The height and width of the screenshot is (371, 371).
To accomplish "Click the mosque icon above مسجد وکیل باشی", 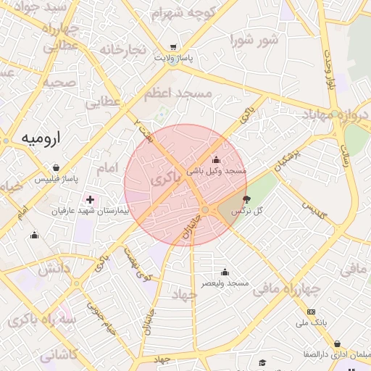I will [215, 159].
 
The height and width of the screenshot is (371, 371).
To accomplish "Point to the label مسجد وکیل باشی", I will [217, 171].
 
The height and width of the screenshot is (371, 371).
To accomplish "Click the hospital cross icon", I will [90, 199].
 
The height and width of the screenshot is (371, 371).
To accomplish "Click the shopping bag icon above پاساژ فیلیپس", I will [56, 167].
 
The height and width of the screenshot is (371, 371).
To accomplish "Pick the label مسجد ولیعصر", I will [225, 283].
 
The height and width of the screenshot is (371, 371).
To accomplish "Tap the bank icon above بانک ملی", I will [312, 311].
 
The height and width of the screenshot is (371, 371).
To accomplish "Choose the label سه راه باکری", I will [38, 320].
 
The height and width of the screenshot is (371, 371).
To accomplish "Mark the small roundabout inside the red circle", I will [206, 209].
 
